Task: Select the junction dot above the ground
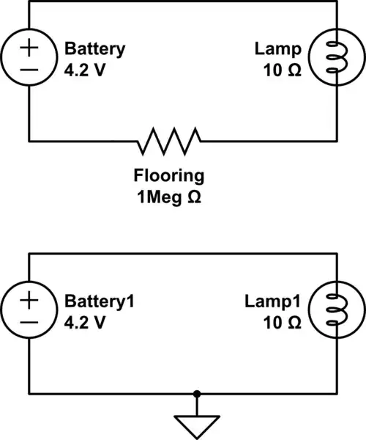(x=195, y=394)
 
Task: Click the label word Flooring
(x=168, y=176)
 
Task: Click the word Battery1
(x=100, y=302)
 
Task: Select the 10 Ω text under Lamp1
(x=282, y=322)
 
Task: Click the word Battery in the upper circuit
(x=94, y=50)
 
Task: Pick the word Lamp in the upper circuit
(x=277, y=50)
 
